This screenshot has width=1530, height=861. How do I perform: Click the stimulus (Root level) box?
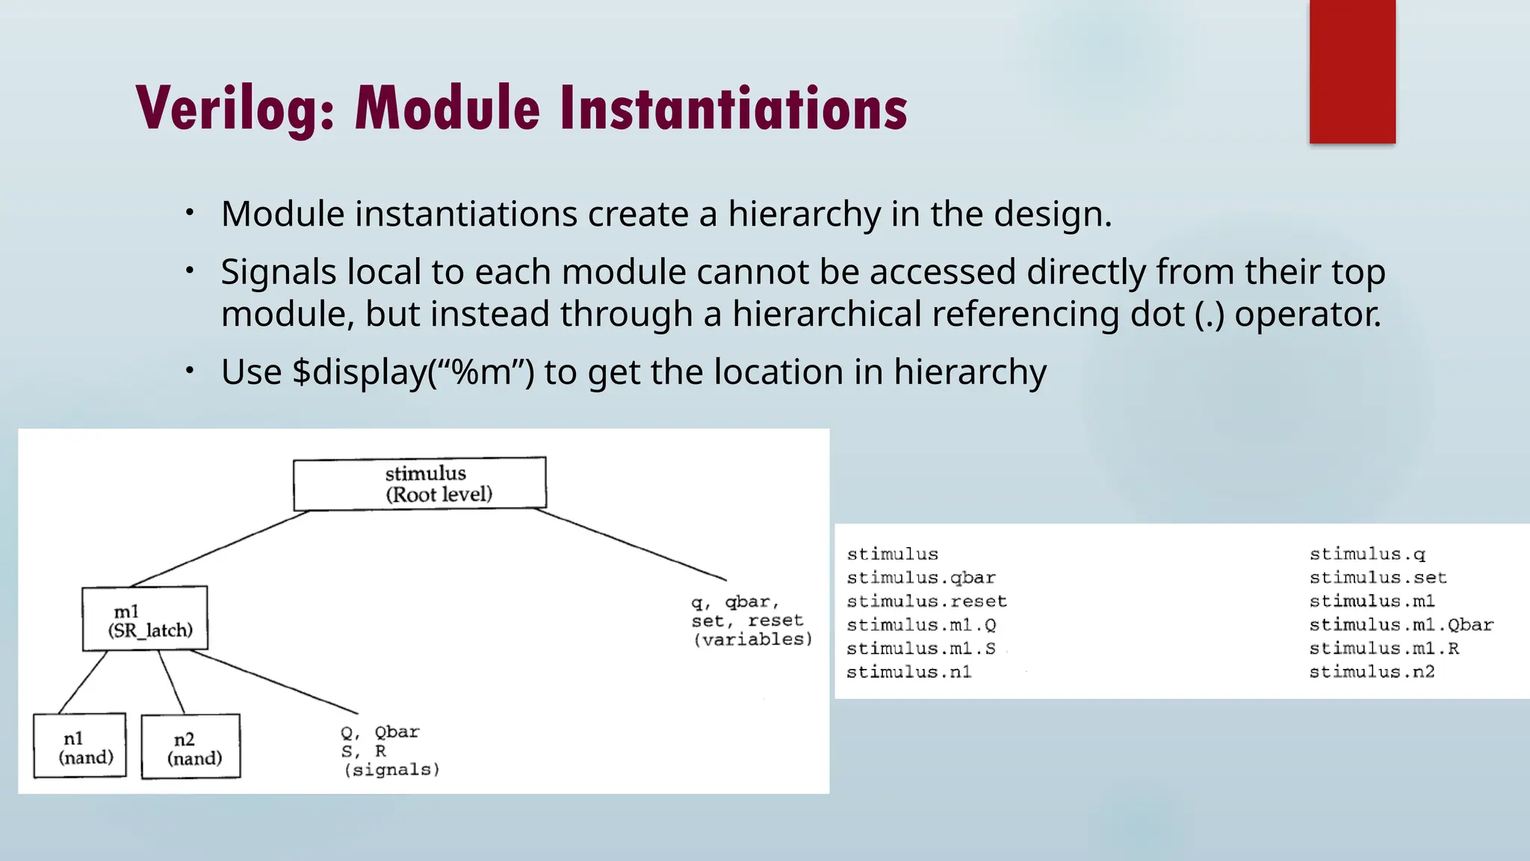(420, 484)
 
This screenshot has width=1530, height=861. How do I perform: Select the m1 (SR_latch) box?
(145, 619)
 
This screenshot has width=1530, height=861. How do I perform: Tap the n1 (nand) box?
(80, 746)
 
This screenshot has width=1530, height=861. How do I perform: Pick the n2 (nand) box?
(191, 747)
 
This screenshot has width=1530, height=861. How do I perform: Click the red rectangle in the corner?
(1352, 71)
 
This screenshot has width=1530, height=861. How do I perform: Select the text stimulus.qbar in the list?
(921, 578)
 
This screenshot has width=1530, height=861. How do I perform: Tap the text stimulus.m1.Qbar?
(1401, 625)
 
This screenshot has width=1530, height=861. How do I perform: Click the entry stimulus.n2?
(1372, 672)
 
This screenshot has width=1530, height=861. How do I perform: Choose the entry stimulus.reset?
(926, 602)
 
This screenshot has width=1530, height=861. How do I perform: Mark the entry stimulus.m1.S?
(920, 649)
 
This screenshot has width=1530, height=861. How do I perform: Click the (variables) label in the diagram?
(752, 640)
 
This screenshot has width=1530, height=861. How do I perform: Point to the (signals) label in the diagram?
(391, 770)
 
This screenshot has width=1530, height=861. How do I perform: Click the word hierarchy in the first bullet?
(805, 215)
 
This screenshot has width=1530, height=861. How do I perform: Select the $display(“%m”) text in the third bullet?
(413, 372)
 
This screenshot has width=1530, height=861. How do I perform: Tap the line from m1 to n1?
(83, 682)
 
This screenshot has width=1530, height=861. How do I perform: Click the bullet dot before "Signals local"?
(191, 270)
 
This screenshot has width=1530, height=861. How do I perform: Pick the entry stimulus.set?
(1378, 578)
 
